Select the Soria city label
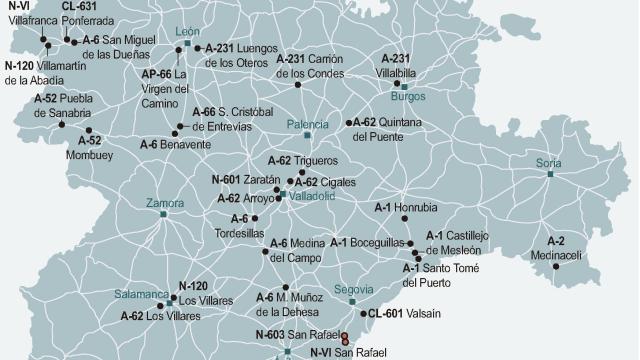coord(549,162)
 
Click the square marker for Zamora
coord(163,213)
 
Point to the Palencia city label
coord(307,124)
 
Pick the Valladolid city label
coord(312,196)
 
